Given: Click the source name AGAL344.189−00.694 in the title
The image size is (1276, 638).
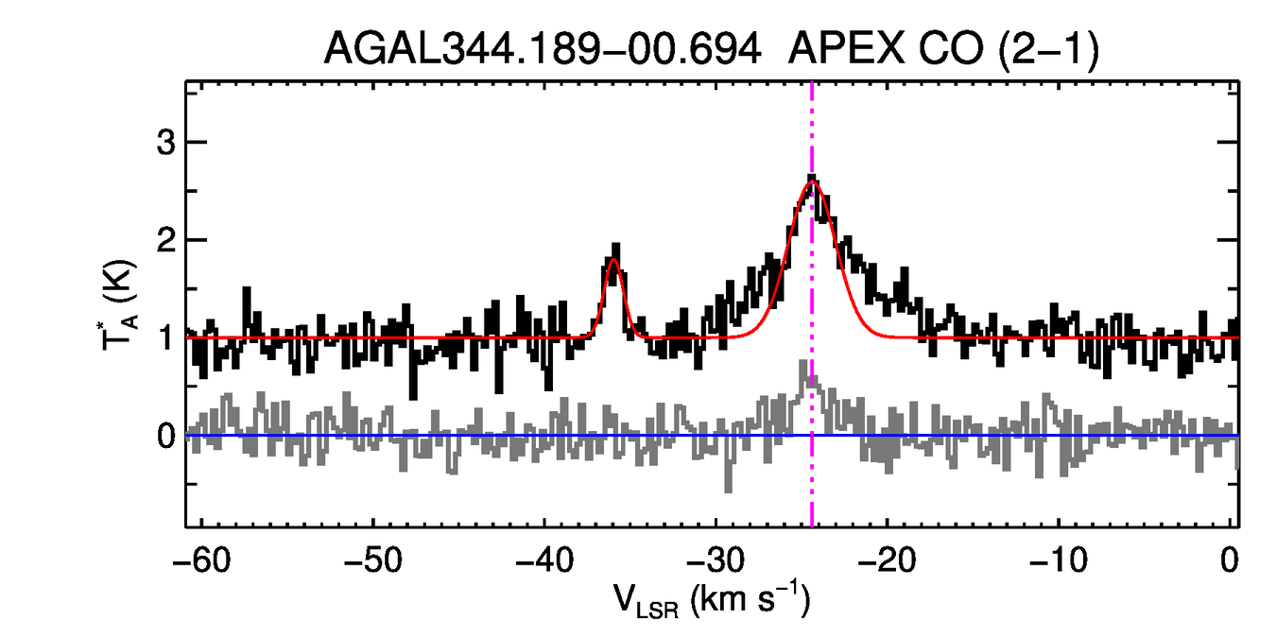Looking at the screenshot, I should pos(543,49).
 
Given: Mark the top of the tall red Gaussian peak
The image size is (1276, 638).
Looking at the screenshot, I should pos(811,182).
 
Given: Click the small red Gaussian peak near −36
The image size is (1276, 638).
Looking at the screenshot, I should pos(613,260).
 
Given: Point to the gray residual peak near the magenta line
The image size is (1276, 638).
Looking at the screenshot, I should pos(804,364).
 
